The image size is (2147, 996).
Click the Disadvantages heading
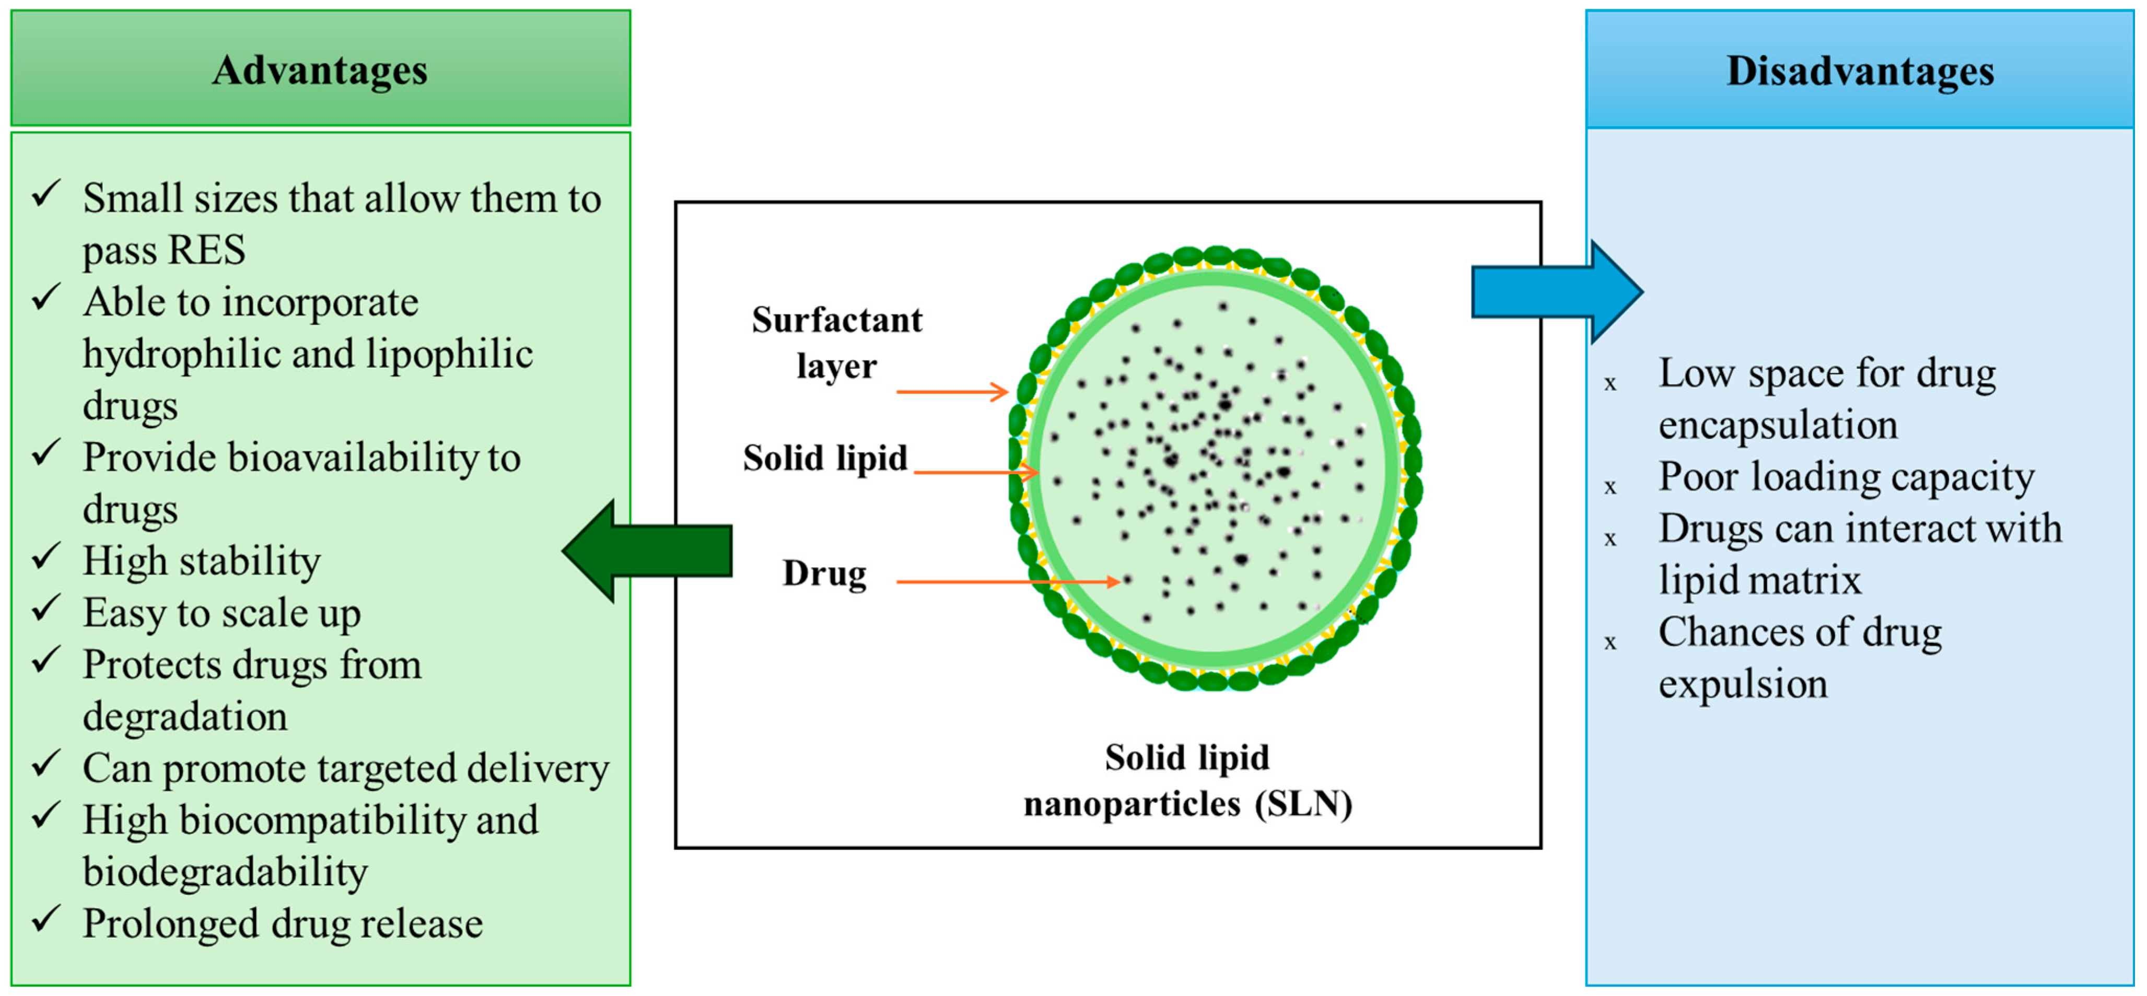1860,71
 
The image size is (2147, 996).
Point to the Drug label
823,573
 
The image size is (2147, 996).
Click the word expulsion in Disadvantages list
1742,684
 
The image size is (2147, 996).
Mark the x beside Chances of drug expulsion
1610,642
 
